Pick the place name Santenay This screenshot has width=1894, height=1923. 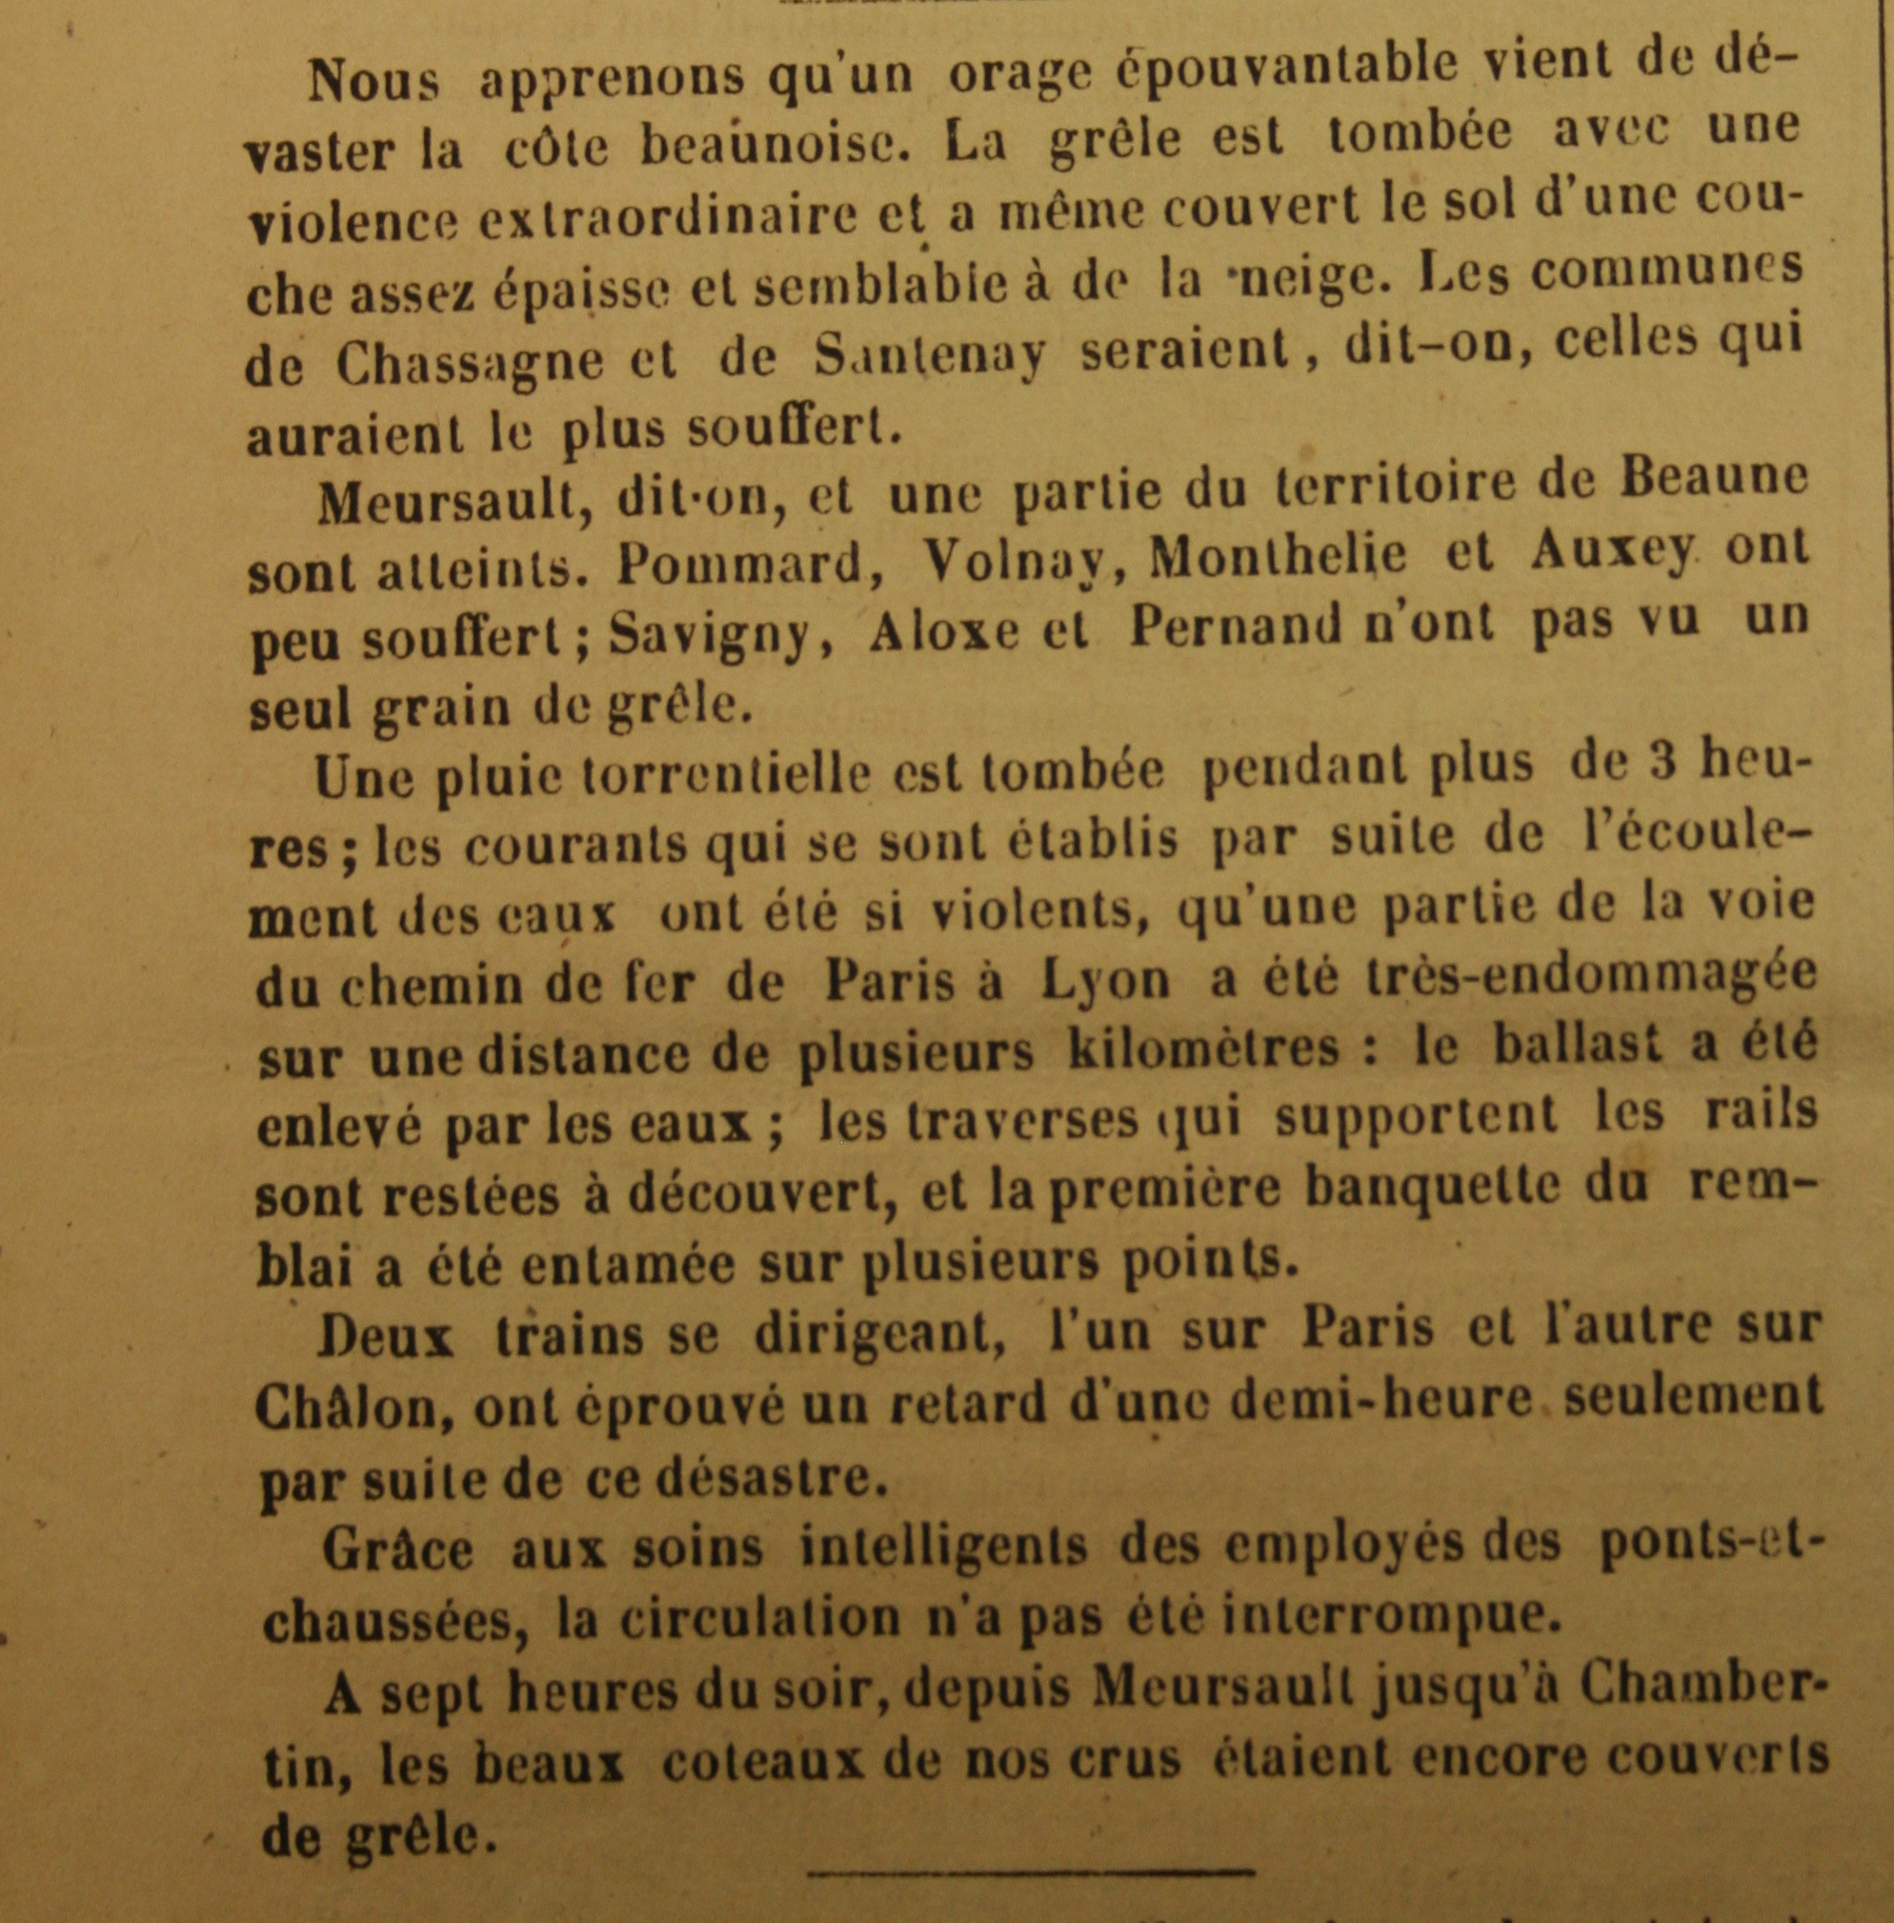(929, 357)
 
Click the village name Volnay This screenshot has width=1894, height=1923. (1025, 563)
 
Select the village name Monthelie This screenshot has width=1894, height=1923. (1278, 557)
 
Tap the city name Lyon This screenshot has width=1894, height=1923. (1104, 982)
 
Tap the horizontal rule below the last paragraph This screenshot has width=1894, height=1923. (1031, 1871)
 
